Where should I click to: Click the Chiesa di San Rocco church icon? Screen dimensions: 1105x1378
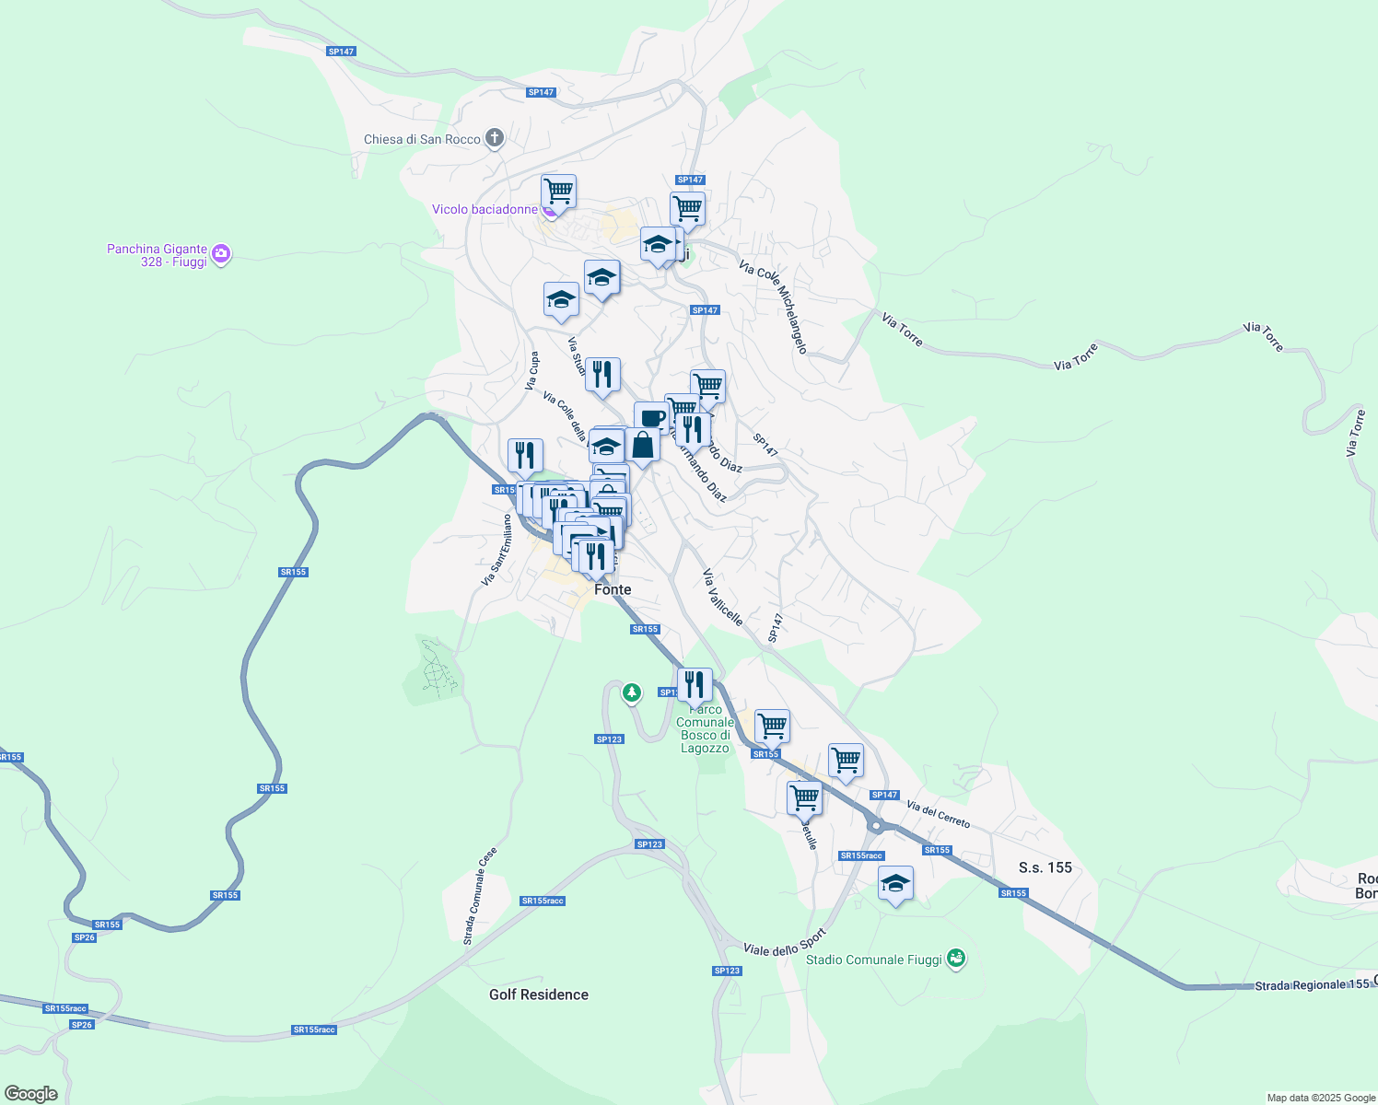(495, 139)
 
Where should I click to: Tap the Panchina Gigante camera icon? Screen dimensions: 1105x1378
(220, 253)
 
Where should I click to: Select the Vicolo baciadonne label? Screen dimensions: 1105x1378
(485, 210)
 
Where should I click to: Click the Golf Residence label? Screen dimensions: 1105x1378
(538, 994)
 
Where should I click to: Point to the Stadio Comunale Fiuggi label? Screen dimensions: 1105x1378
(873, 960)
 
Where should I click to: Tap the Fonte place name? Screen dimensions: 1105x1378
(613, 589)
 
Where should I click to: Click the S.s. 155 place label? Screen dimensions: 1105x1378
(1045, 867)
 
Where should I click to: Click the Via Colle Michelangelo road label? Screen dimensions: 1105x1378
(773, 307)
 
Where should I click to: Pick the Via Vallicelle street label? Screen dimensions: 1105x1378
(722, 597)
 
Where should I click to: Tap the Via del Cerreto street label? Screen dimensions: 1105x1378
(938, 814)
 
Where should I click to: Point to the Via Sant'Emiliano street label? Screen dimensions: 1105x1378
(495, 550)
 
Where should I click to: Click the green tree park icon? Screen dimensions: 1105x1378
(631, 692)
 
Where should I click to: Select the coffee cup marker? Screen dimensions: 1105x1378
(651, 418)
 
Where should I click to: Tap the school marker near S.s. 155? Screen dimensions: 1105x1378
(895, 884)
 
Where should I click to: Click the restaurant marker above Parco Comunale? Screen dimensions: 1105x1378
(695, 684)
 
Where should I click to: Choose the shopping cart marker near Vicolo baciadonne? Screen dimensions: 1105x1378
(558, 192)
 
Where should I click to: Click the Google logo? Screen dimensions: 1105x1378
(30, 1094)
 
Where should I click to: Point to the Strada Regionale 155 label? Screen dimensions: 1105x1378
(1313, 985)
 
